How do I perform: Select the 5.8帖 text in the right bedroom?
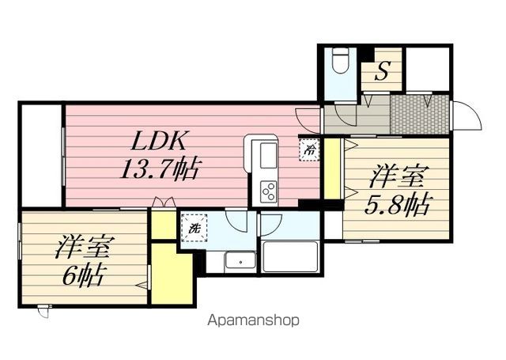pyautogui.click(x=397, y=205)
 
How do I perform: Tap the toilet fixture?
pyautogui.click(x=340, y=62)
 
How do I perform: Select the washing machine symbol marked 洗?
pyautogui.click(x=194, y=228)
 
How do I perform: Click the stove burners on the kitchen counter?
pyautogui.click(x=268, y=191)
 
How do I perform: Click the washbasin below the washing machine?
pyautogui.click(x=238, y=260)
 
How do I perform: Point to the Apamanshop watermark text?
pyautogui.click(x=252, y=320)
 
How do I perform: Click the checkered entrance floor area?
pyautogui.click(x=420, y=116)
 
